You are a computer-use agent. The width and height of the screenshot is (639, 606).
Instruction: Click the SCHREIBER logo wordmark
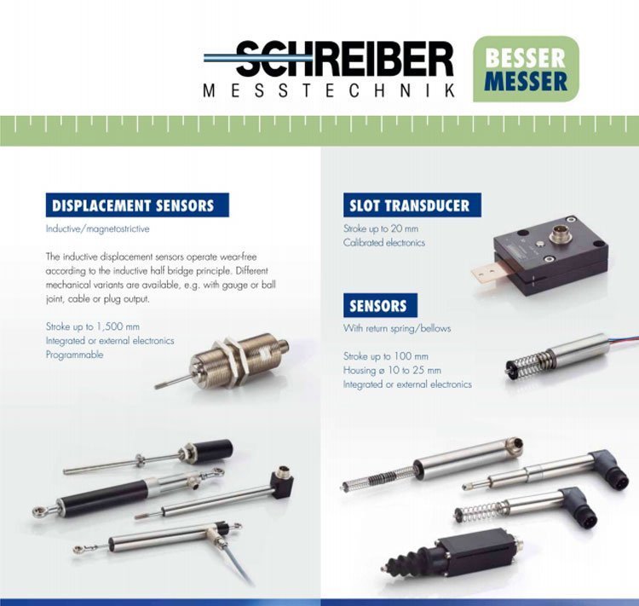329,59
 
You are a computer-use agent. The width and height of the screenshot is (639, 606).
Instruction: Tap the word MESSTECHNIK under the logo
329,90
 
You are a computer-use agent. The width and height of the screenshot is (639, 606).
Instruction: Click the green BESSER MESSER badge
526,69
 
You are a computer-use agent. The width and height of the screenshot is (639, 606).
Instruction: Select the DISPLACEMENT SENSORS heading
137,205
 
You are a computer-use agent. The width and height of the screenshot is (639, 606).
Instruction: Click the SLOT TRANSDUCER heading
412,205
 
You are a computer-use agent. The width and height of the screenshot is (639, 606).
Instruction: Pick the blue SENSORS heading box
380,305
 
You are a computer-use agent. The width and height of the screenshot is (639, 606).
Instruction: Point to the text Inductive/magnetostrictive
98,228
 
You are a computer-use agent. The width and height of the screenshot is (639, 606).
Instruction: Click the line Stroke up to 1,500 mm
93,326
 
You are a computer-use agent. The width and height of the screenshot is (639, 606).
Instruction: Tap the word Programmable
75,355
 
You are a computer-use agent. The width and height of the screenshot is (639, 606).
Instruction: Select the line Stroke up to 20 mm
381,228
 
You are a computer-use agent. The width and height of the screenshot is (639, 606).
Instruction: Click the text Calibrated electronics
384,243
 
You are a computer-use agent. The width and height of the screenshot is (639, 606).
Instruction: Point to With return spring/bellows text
397,328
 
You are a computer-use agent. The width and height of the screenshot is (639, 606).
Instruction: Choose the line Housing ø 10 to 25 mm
392,370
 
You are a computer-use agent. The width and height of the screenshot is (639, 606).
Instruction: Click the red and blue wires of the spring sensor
624,340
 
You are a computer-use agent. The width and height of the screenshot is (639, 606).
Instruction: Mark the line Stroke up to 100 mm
385,356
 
